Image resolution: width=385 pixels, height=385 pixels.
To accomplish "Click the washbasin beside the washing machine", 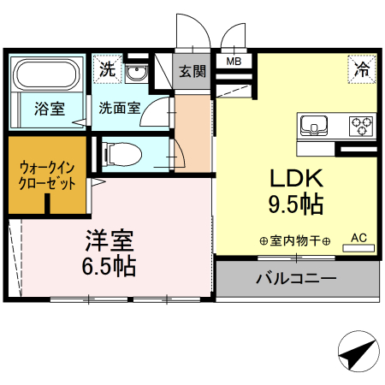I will (137, 73).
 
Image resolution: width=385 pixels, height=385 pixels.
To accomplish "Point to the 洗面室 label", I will (120, 109).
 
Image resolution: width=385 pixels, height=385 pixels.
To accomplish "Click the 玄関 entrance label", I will (192, 72).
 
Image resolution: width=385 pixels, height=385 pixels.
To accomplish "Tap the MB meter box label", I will (233, 62).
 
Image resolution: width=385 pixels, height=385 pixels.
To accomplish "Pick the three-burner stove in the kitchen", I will (363, 126).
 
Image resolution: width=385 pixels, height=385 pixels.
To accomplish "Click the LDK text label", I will (295, 179).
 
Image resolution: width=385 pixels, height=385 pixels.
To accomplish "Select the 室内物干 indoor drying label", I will (294, 242).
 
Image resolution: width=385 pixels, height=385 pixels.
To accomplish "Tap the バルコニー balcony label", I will (295, 278).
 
